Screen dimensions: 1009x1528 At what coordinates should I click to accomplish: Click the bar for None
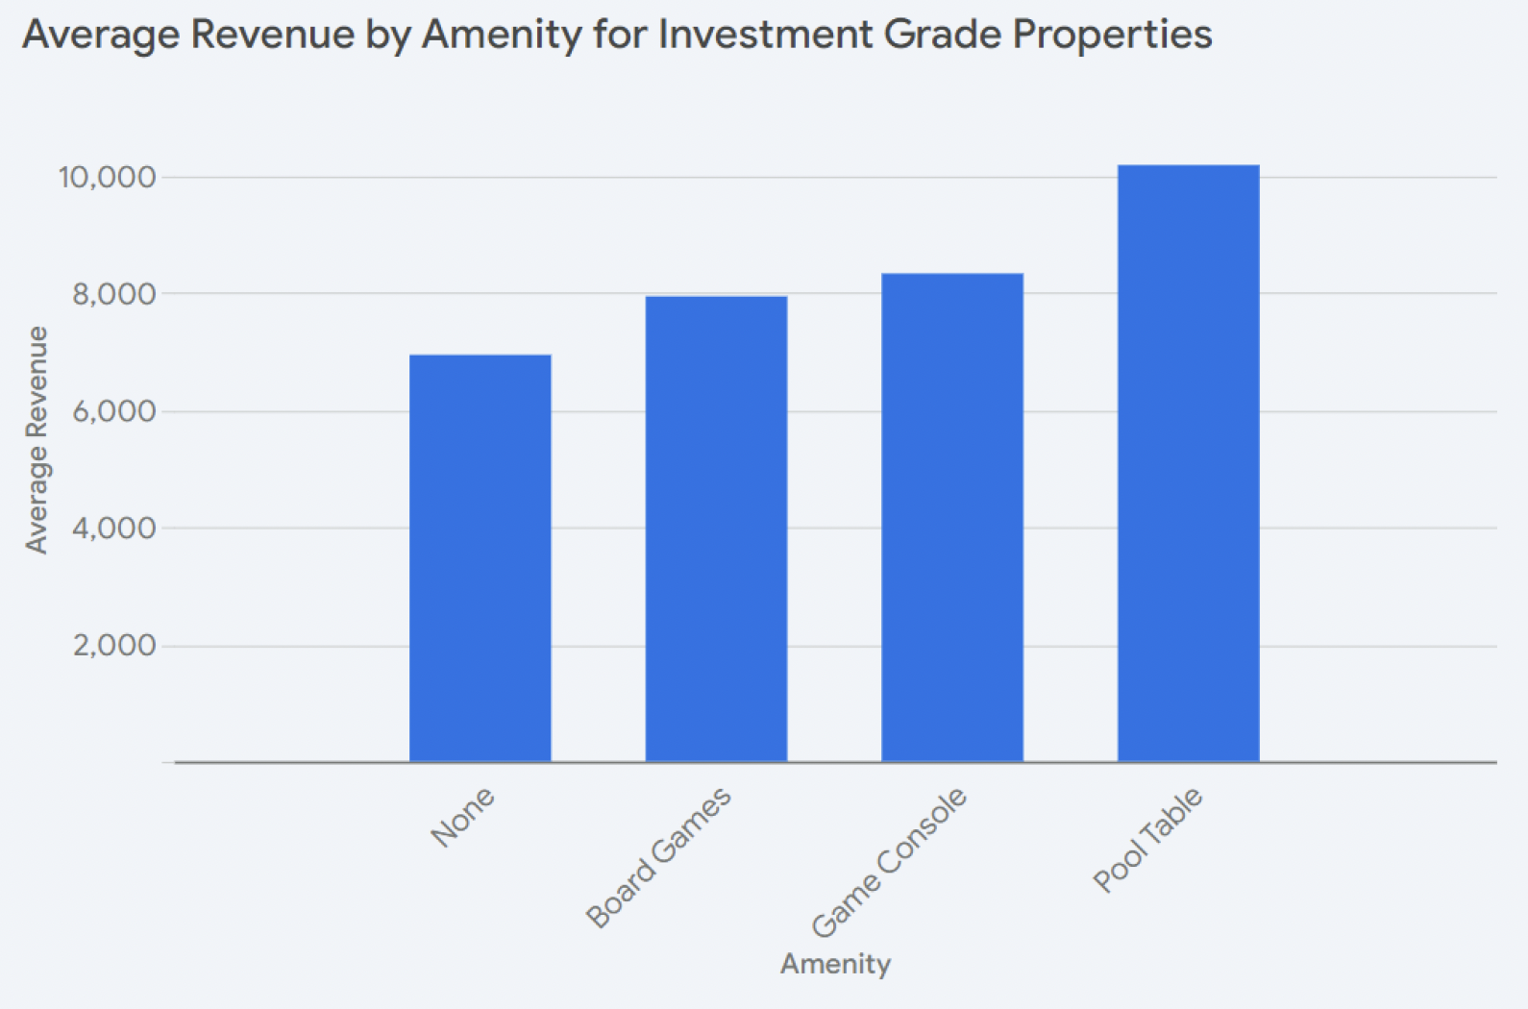point(480,558)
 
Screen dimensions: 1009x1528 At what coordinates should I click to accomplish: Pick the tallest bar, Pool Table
point(1188,463)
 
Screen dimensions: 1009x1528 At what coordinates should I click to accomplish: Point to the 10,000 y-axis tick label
point(107,177)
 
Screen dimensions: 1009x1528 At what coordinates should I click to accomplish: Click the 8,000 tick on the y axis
point(113,294)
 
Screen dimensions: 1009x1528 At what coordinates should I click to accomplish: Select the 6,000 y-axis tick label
point(113,411)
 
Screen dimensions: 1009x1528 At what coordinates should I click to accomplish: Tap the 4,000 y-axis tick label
point(113,528)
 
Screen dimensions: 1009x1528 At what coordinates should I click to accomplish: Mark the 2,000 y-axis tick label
point(113,645)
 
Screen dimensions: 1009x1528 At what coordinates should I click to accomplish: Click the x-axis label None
point(462,817)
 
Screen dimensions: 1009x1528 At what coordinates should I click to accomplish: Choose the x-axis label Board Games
point(659,857)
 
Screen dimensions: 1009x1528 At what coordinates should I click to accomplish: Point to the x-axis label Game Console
point(889,862)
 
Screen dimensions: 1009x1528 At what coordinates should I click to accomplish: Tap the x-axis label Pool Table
point(1147,840)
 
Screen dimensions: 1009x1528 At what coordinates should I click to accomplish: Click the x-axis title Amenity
point(835,964)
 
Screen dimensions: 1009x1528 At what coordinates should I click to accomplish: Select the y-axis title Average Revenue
point(37,440)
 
